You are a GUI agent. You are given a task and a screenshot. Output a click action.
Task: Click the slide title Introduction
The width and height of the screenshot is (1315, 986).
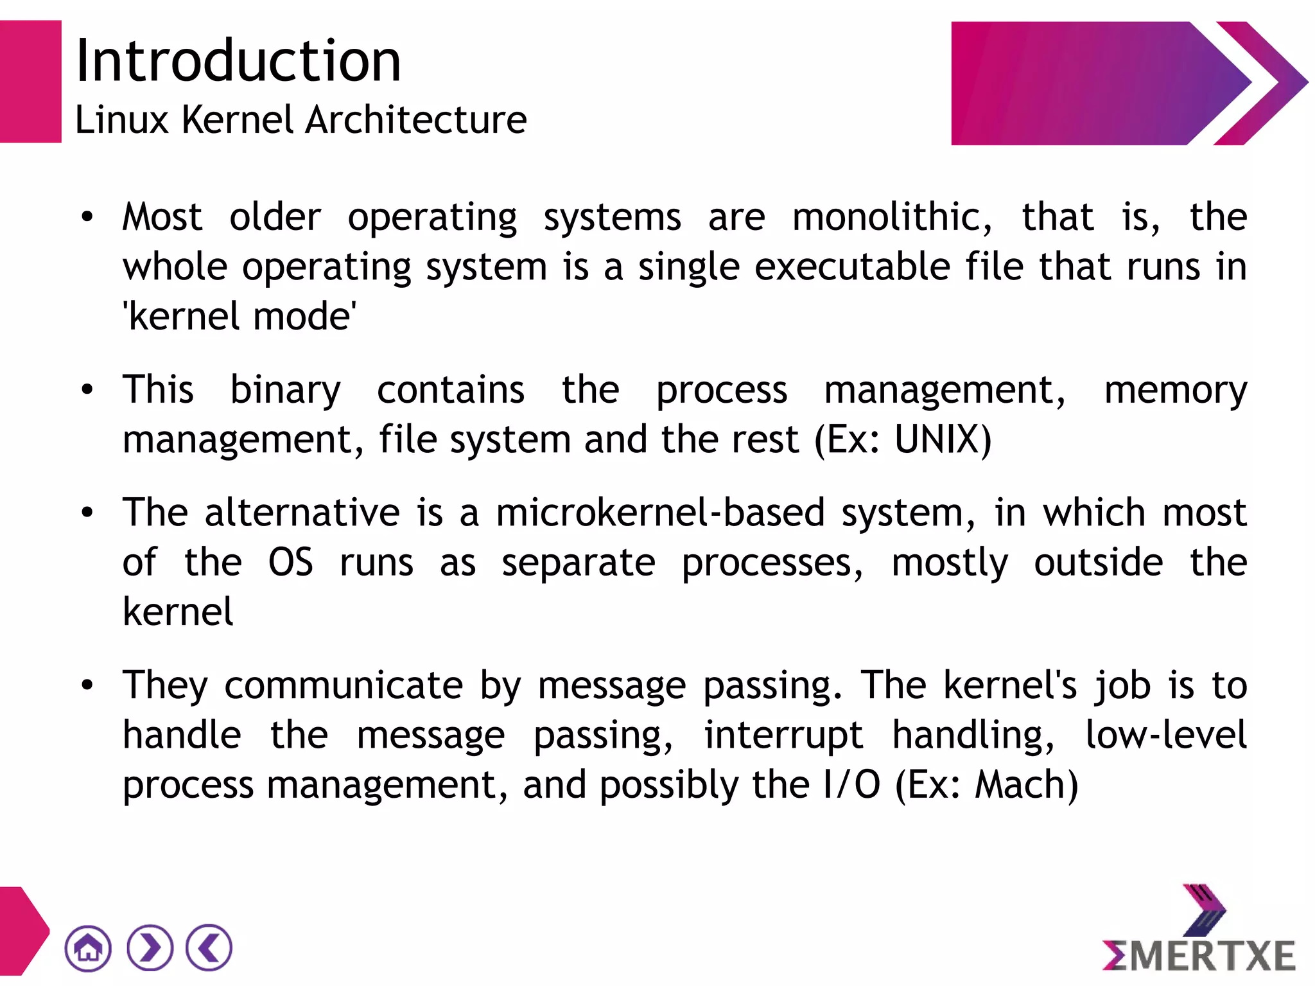pos(238,61)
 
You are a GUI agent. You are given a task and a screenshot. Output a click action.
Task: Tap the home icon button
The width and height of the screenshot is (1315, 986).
pos(88,948)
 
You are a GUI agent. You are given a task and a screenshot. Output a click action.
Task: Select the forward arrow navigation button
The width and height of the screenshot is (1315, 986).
pos(150,948)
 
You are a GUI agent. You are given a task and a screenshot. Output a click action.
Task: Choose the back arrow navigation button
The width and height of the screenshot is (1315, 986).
pos(209,948)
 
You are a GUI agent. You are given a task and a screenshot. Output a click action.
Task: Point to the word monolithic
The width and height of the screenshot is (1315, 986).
pos(892,217)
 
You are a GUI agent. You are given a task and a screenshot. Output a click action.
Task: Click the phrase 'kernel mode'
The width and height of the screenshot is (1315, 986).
pos(239,317)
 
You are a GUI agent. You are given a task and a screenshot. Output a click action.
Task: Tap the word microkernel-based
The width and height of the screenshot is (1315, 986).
pos(660,513)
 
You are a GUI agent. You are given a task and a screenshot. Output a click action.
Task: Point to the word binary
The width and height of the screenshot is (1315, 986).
pos(285,391)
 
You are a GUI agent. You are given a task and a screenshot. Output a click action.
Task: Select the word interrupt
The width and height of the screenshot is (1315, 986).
pos(783,735)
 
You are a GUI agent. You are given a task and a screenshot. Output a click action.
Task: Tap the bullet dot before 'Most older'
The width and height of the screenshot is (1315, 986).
pos(87,217)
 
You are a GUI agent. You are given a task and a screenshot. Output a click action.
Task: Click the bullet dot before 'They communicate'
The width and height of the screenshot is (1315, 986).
pos(87,685)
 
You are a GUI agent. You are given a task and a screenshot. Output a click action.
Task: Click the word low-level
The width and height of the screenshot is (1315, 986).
pos(1165,735)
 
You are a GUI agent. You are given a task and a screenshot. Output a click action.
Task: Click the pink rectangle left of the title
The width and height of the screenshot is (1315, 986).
pos(30,82)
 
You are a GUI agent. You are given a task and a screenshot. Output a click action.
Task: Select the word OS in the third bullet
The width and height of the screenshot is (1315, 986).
pos(290,563)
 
